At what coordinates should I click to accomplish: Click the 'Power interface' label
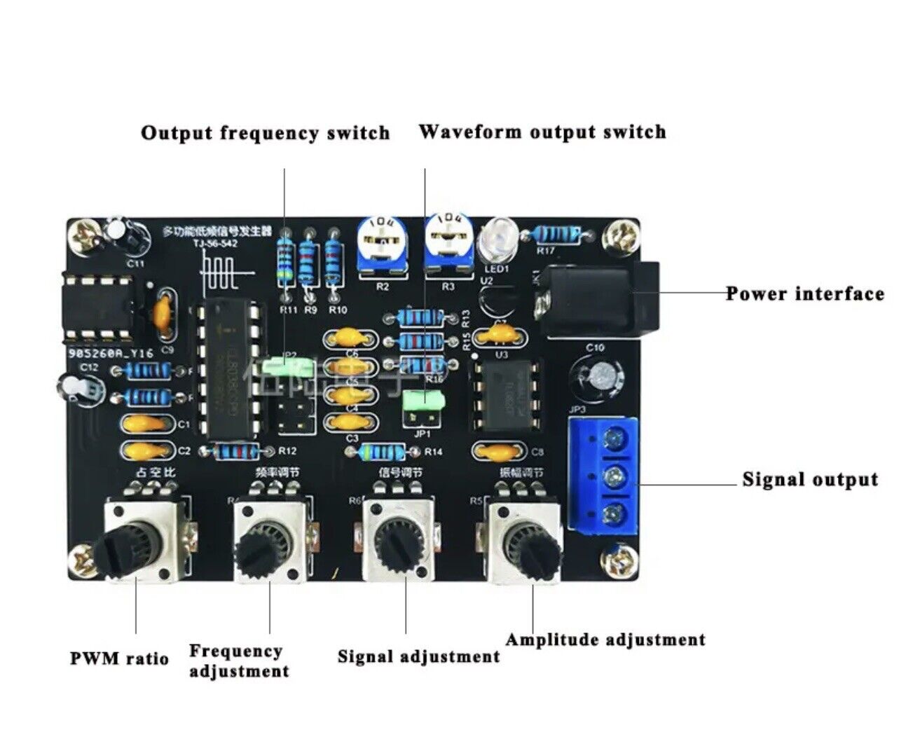pos(804,293)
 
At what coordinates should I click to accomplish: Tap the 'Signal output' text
pos(809,480)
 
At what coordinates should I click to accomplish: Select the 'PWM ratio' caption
pos(119,658)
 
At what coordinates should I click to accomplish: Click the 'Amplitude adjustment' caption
pos(605,640)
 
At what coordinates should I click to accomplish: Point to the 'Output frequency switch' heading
pos(265,132)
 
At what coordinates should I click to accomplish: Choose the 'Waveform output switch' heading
pos(542,132)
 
